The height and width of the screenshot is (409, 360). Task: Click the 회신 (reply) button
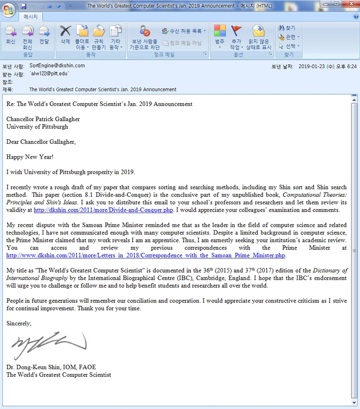pyautogui.click(x=10, y=36)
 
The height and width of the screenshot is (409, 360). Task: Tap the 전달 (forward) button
pyautogui.click(x=44, y=36)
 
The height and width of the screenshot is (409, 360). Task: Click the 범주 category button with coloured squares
pyautogui.click(x=220, y=36)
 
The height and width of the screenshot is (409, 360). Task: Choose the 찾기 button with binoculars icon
pyautogui.click(x=287, y=28)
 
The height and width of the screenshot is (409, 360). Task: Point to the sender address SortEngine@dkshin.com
pyautogui.click(x=57, y=66)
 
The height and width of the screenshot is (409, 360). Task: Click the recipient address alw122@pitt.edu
pyautogui.click(x=49, y=74)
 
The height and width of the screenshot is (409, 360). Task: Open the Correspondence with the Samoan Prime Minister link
pyautogui.click(x=146, y=255)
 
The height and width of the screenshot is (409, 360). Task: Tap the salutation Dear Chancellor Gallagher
pyautogui.click(x=41, y=142)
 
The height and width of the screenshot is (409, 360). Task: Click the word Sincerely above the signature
pyautogui.click(x=19, y=324)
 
